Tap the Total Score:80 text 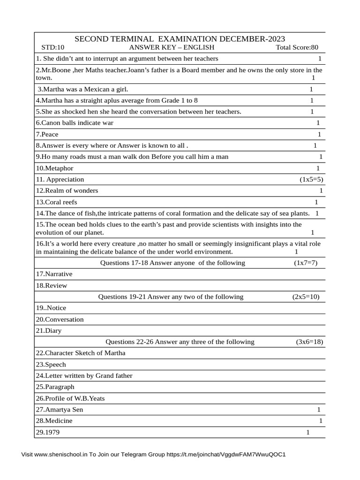(297, 47)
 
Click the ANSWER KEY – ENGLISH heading (172, 47)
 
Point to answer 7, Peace (47, 135)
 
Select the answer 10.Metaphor (54, 168)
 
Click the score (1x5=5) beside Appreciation (311, 180)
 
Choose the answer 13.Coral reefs (56, 202)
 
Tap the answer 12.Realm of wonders (67, 191)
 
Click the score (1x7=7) (306, 263)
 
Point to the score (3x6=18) (309, 342)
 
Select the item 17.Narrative (54, 274)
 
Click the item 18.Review (52, 285)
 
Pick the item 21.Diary (49, 330)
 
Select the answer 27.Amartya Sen (60, 410)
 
